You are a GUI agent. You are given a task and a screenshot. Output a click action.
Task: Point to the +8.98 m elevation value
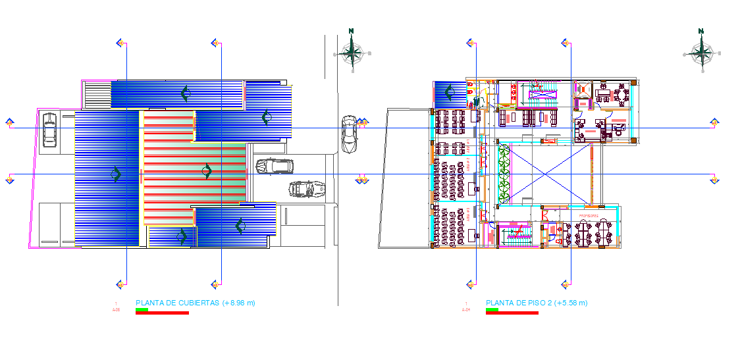(x=239, y=303)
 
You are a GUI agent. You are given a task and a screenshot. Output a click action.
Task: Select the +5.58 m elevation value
(x=571, y=303)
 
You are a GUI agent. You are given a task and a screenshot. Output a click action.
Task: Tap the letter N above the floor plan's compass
(x=701, y=30)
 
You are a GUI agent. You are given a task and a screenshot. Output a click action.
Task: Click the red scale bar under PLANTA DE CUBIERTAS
(x=162, y=313)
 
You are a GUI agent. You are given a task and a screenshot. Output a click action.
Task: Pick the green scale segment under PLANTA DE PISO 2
(x=492, y=309)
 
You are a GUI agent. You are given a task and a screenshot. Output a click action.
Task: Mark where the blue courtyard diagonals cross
(x=544, y=174)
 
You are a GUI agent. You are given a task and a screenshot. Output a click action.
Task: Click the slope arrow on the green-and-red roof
(x=207, y=172)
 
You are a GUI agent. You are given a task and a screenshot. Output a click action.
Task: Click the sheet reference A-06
(x=116, y=309)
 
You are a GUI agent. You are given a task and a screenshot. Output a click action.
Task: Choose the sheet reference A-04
(x=466, y=309)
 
